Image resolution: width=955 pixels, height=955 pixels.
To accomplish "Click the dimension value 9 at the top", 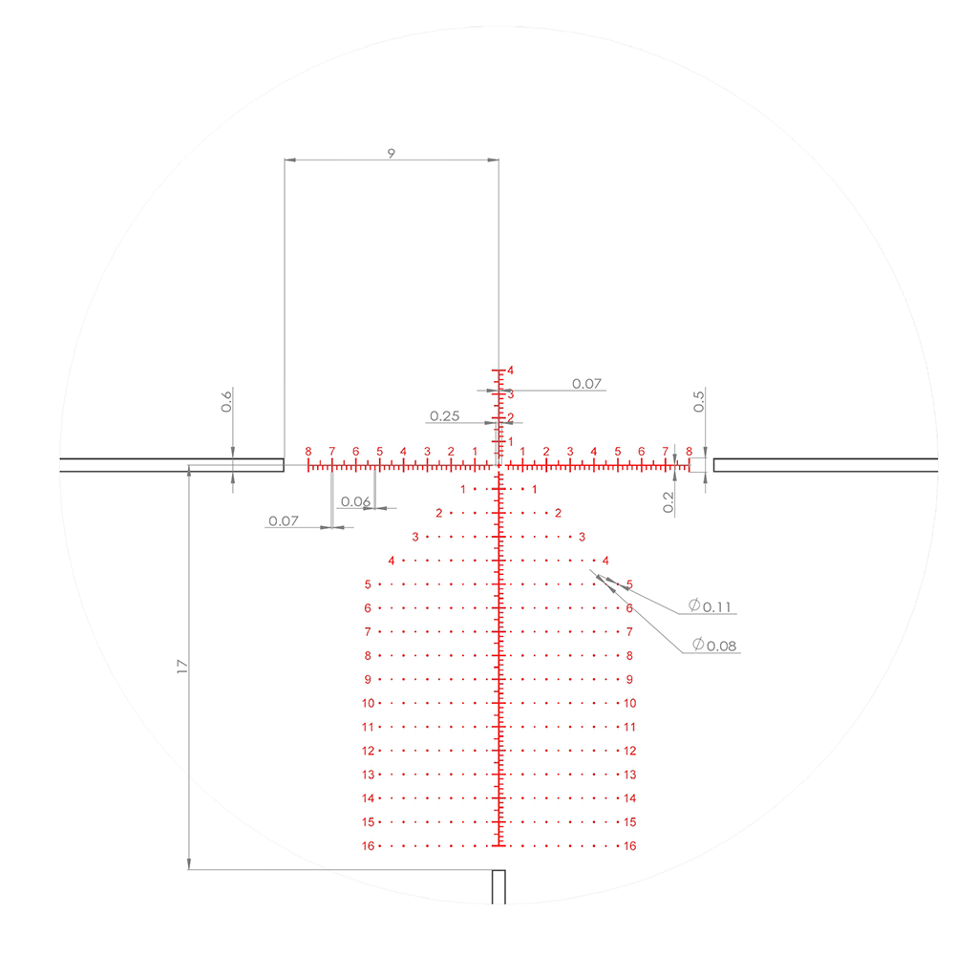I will pos(391,152).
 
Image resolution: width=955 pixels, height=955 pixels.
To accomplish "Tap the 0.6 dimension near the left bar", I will pos(226,401).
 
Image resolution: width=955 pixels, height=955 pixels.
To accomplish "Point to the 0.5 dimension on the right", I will pos(699,401).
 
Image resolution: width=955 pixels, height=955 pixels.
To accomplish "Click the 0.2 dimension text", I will pos(668,501).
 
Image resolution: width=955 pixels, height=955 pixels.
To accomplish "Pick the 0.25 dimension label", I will pos(445,416).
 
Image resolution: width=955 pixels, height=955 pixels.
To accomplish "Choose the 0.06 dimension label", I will pos(355,501).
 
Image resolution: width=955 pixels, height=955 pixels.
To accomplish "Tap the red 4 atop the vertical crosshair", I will pos(511,371).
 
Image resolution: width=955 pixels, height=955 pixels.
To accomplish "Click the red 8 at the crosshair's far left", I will pos(308,452).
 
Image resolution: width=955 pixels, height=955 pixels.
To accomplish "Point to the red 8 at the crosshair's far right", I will pos(689,452).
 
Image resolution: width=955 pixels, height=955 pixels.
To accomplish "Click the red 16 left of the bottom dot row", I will pos(368,846).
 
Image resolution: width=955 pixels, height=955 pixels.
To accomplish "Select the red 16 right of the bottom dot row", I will pos(629,846).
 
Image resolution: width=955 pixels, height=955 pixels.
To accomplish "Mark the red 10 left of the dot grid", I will pos(368,703).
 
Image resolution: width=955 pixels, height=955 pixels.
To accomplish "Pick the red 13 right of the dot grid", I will pos(629,775).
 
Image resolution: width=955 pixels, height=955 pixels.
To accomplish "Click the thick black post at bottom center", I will pos(498,887).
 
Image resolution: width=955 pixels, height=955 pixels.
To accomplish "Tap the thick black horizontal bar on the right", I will pos(826,465).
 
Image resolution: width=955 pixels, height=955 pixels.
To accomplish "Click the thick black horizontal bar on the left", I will pos(172,465).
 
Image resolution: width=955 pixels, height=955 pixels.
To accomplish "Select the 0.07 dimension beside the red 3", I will pos(586,384).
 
